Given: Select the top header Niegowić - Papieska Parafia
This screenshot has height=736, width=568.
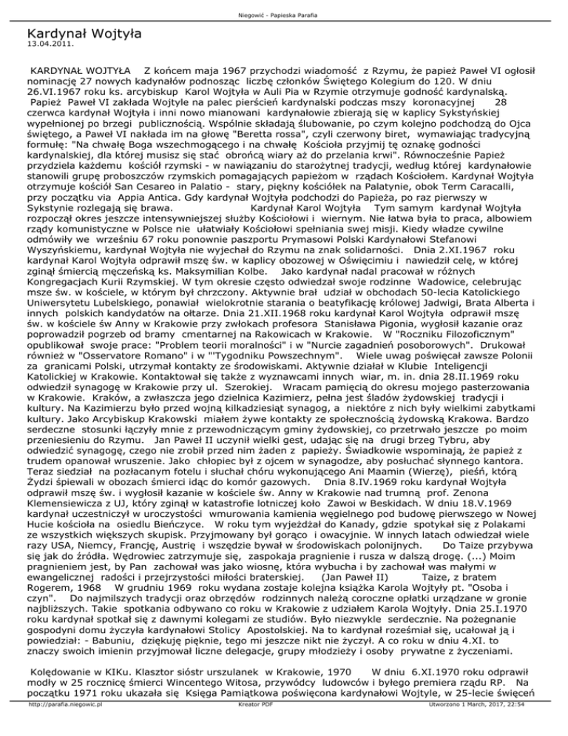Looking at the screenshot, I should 283,8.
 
